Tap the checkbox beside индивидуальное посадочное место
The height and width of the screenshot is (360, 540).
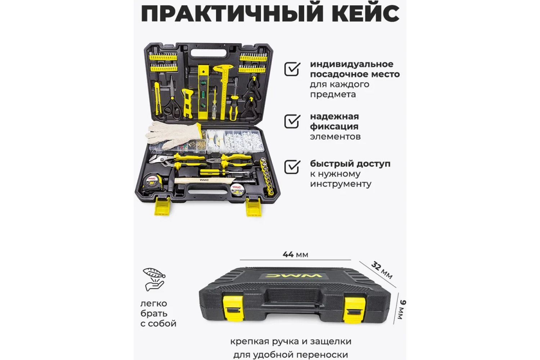292,69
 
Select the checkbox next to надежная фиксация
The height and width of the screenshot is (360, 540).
292,121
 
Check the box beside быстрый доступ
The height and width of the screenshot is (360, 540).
292,167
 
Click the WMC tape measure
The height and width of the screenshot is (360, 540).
153,183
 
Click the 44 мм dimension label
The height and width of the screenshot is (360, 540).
295,255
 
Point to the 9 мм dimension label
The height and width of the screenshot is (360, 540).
401,310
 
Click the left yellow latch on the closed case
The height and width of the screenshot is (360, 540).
233,309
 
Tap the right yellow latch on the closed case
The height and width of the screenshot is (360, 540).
354,310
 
